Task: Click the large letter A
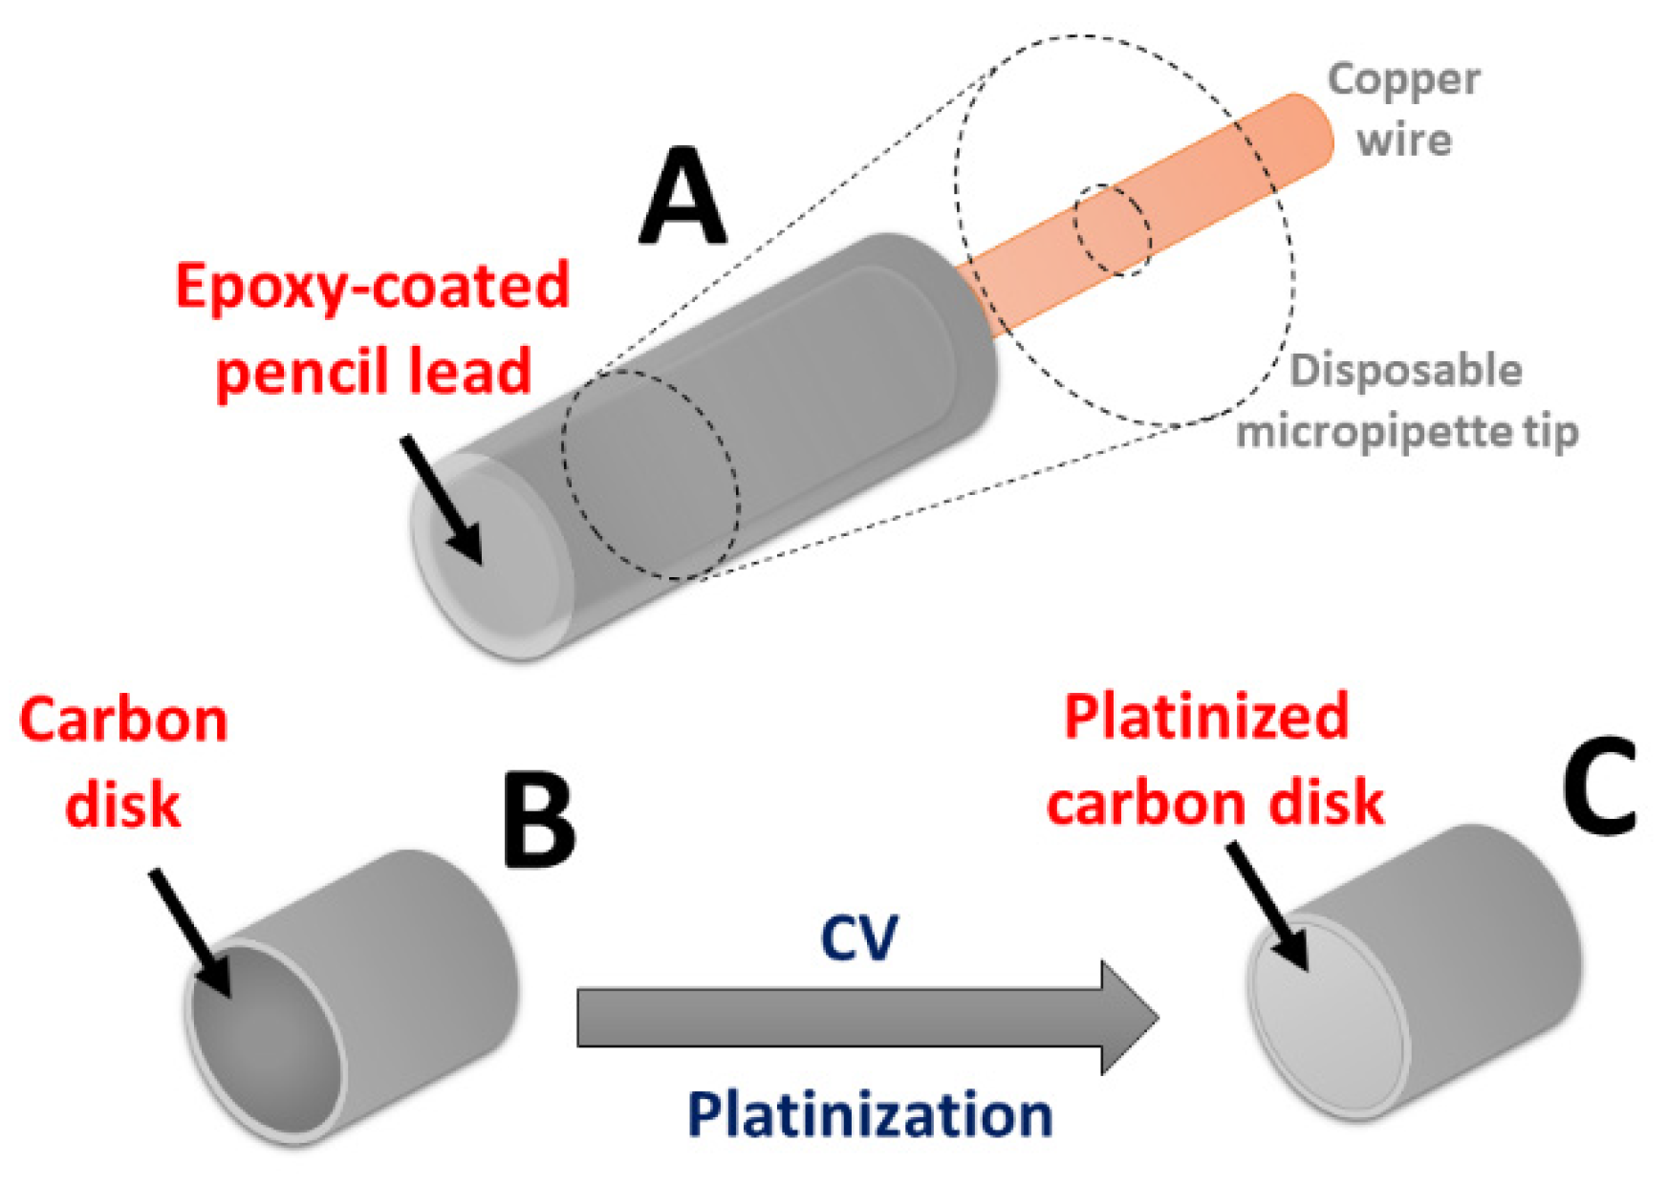(x=682, y=199)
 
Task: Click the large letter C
(x=1599, y=786)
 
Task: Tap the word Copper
(x=1403, y=80)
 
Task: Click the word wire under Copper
(x=1403, y=140)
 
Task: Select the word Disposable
(x=1405, y=371)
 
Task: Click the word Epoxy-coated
(x=373, y=287)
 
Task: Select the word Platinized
(x=1205, y=717)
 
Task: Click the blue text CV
(x=858, y=938)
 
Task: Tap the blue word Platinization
(x=869, y=1114)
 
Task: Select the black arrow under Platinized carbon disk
(x=1267, y=907)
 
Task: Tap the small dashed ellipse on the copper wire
(x=1112, y=230)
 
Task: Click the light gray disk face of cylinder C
(x=1329, y=1018)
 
